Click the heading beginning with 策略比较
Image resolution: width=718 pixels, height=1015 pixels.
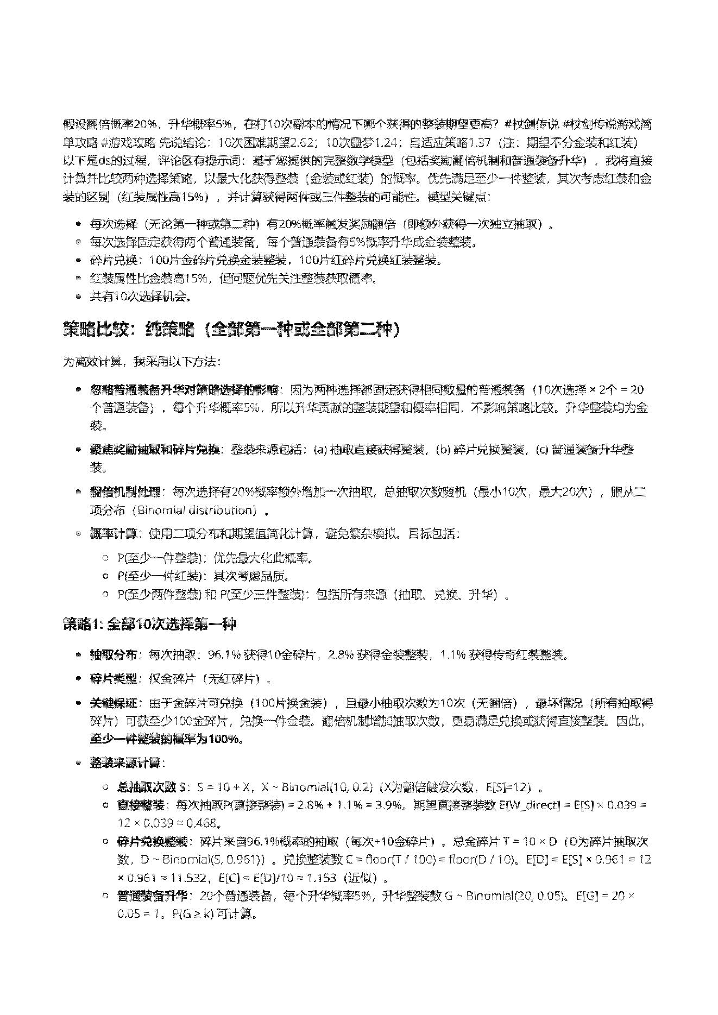tap(232, 329)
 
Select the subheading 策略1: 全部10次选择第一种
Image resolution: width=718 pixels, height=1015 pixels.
tap(149, 625)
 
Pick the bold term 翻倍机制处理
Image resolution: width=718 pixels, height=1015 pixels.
tap(125, 492)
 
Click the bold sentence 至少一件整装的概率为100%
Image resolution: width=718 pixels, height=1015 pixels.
tap(166, 739)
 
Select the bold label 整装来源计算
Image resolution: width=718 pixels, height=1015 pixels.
tap(125, 763)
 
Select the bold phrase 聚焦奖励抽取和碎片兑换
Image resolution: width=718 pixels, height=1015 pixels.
tap(155, 449)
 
